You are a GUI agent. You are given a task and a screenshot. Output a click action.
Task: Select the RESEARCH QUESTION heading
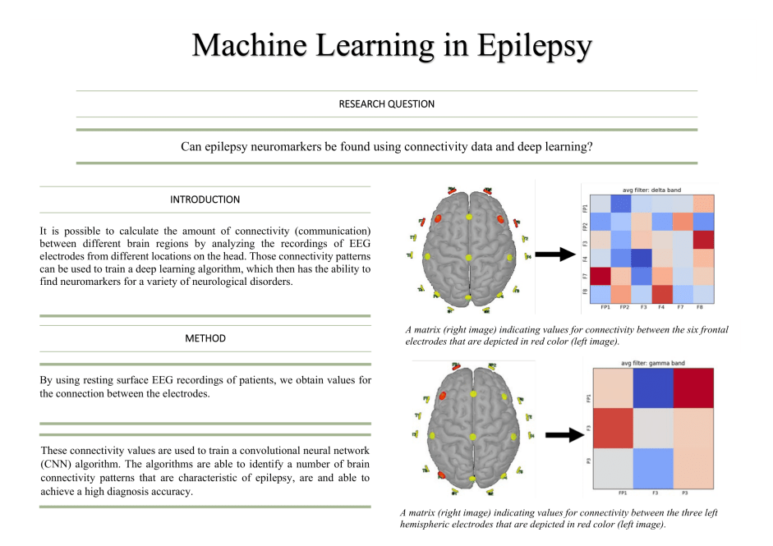(386, 104)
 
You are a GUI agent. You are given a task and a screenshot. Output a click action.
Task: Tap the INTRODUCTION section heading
(205, 200)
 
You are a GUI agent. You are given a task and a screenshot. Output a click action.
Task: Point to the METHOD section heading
(205, 338)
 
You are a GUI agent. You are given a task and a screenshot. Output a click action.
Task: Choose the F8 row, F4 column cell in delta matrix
(663, 293)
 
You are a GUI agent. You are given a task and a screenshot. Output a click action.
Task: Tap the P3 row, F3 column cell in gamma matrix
(654, 469)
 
